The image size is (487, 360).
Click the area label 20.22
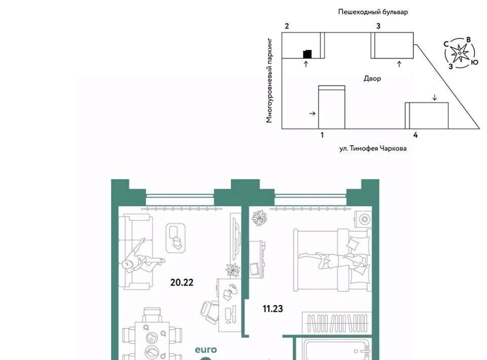[182, 282]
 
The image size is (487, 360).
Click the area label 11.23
[273, 309]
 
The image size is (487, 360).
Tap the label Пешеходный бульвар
[373, 12]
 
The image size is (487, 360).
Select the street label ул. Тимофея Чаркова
[373, 149]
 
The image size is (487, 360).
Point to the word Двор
[372, 79]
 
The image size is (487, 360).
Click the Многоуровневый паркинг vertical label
[269, 81]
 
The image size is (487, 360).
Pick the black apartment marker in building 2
[307, 54]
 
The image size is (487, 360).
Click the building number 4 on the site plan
[415, 135]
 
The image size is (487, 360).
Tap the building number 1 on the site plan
[322, 135]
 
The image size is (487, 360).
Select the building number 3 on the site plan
[378, 26]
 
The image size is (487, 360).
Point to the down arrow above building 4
[435, 97]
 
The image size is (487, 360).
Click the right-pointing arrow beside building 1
[312, 114]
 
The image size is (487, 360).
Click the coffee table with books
[176, 238]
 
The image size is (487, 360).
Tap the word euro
[205, 350]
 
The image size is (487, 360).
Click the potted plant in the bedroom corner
[259, 218]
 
